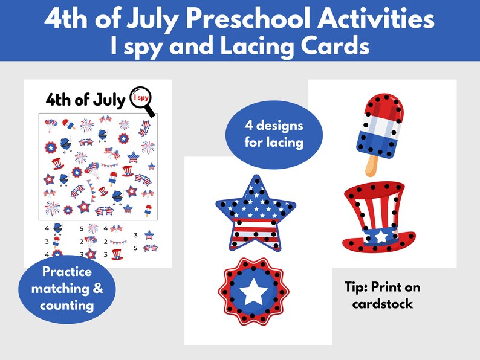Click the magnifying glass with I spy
click(143, 100)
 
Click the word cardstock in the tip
click(383, 304)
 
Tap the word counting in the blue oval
click(67, 305)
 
